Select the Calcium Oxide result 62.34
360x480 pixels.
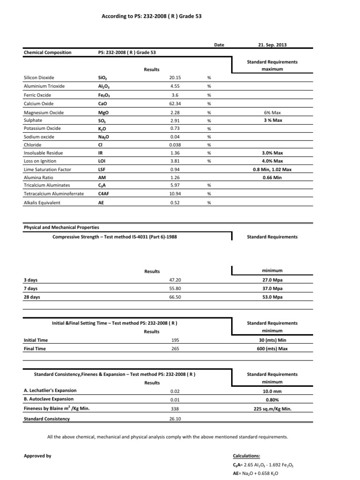[175, 104]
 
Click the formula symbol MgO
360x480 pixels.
[104, 112]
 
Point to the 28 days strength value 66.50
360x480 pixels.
[175, 297]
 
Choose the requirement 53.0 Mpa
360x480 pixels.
[272, 297]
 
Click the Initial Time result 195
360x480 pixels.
[176, 340]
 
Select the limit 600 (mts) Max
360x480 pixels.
[272, 349]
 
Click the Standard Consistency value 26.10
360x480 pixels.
[175, 419]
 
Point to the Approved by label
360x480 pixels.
[37, 456]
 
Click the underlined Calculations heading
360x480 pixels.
[247, 456]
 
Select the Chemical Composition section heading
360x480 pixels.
[48, 52]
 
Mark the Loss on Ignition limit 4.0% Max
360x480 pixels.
[272, 161]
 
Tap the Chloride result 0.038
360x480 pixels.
[175, 145]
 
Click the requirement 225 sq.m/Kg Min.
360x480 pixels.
[272, 409]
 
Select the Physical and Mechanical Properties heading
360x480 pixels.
[61, 227]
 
